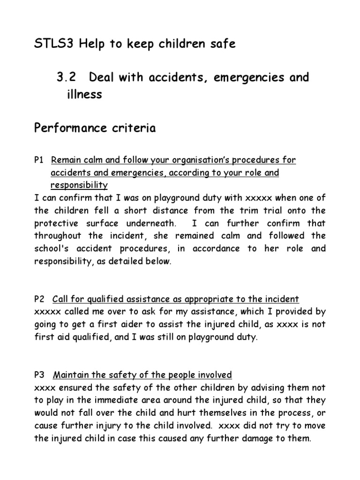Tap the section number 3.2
point(67,77)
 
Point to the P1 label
point(39,160)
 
